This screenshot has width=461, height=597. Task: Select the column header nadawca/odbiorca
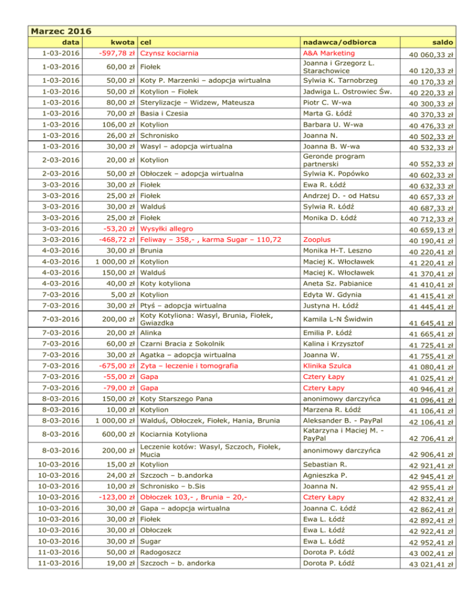(330, 43)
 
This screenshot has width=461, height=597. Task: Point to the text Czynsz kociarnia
(169, 54)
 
